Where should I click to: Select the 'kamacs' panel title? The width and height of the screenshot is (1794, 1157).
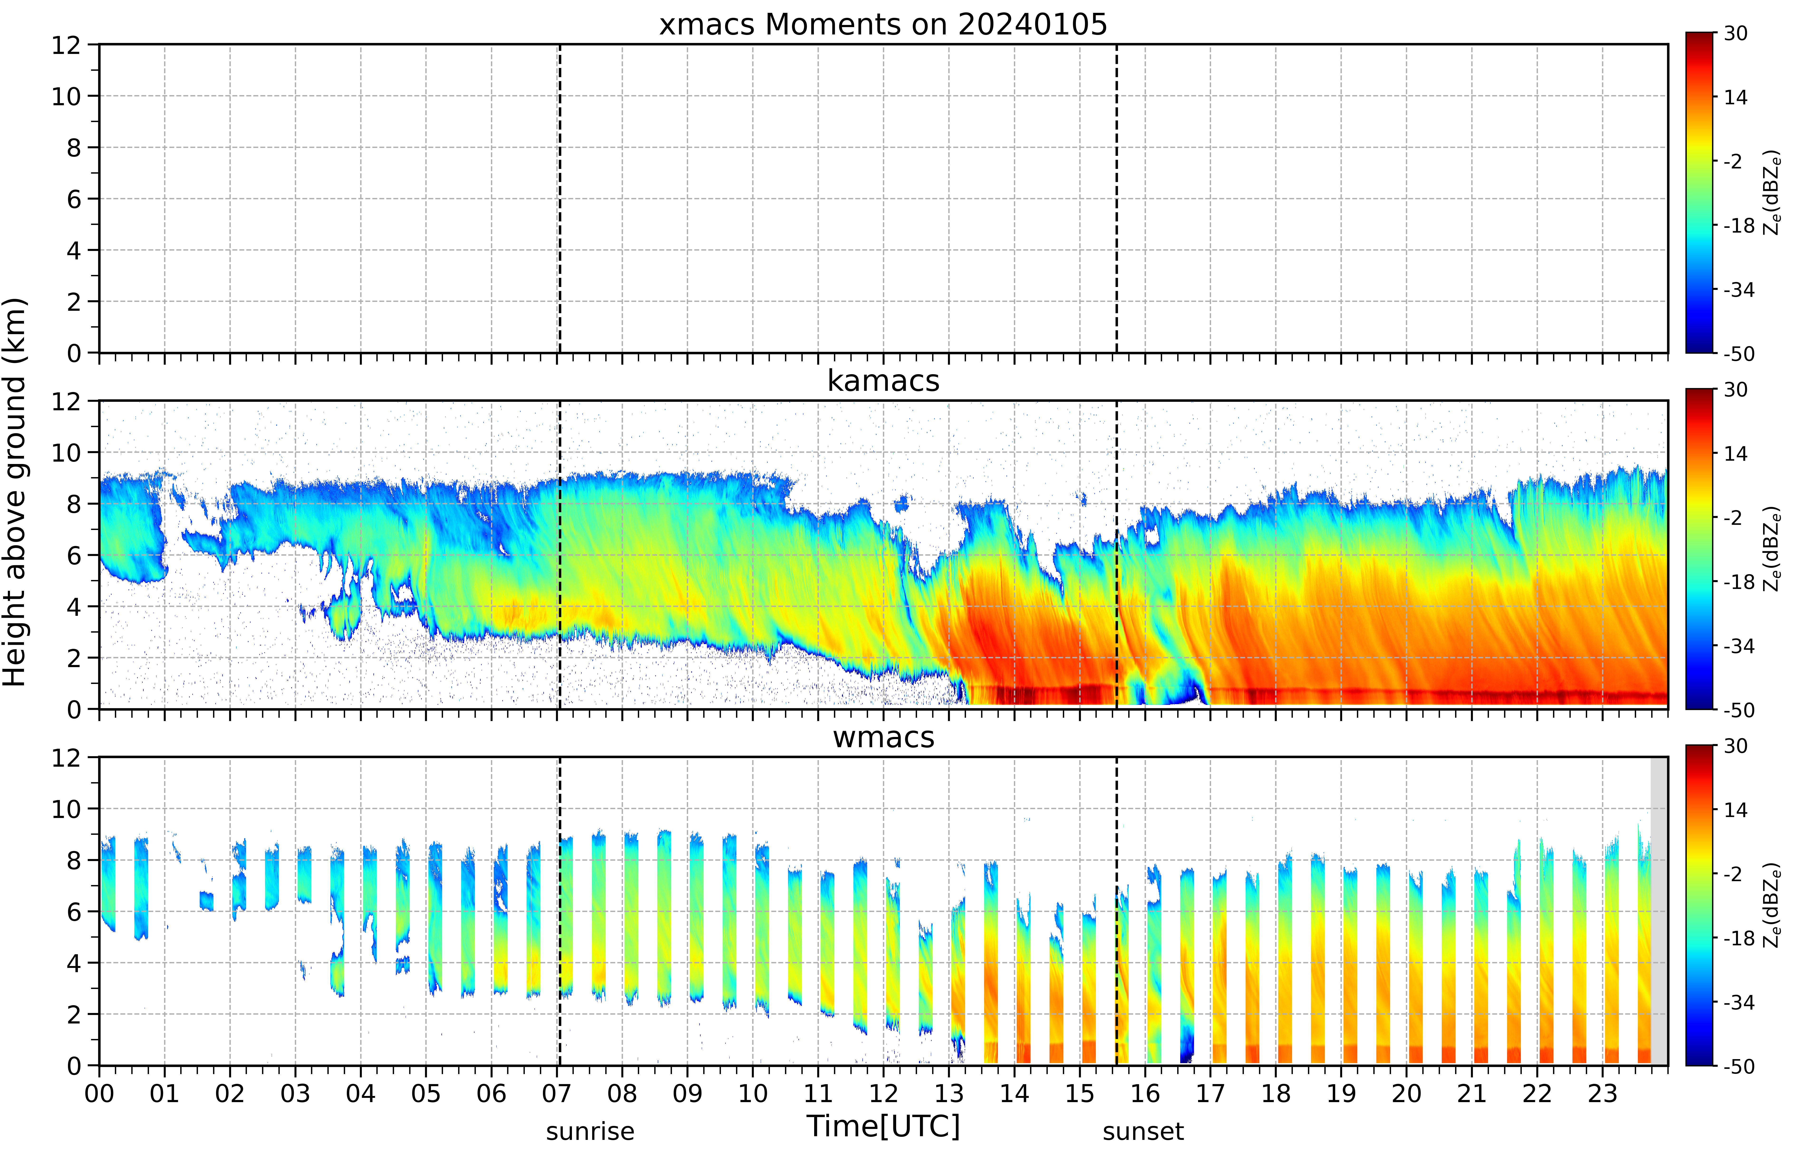[883, 381]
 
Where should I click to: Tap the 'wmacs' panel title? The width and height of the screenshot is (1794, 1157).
[883, 737]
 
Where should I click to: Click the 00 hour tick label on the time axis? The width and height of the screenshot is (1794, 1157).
[99, 1093]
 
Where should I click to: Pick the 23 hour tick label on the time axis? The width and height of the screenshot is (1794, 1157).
[1602, 1093]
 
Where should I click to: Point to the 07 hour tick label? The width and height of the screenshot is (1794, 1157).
[557, 1093]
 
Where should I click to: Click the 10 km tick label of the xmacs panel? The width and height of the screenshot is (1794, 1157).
[66, 96]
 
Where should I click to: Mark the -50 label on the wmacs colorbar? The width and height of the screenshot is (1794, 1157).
[1739, 1066]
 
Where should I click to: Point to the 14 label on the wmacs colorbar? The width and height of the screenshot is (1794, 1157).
[1736, 810]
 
